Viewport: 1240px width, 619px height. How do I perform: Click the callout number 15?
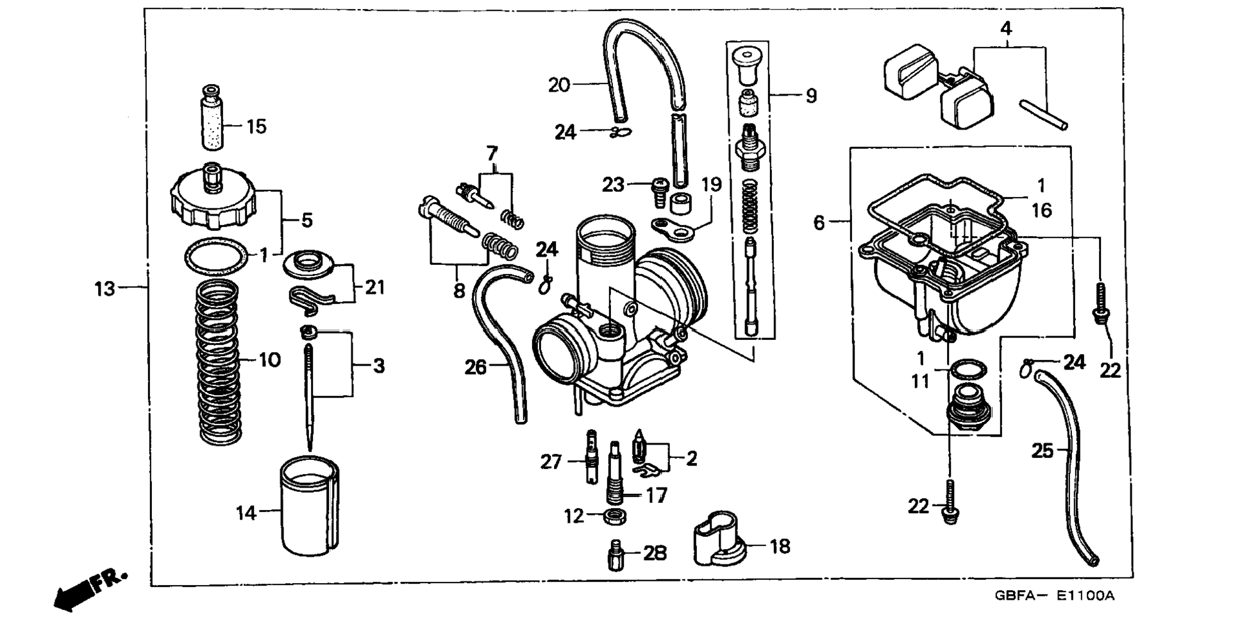pyautogui.click(x=256, y=126)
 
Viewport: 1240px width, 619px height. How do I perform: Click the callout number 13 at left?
pyautogui.click(x=105, y=289)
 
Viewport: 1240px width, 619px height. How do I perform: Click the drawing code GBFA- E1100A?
pyautogui.click(x=1054, y=595)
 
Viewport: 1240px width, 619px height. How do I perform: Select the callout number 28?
pyautogui.click(x=655, y=553)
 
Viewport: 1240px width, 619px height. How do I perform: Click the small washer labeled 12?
pyautogui.click(x=615, y=516)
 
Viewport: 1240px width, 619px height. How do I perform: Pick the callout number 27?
pyautogui.click(x=551, y=461)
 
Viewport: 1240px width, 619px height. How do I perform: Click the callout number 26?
pyautogui.click(x=475, y=368)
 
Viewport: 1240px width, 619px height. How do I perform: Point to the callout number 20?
pyautogui.click(x=559, y=85)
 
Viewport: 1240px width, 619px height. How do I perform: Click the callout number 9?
pyautogui.click(x=811, y=96)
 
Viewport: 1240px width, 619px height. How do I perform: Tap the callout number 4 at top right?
pyautogui.click(x=1006, y=28)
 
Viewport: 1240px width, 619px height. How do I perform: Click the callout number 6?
pyautogui.click(x=819, y=223)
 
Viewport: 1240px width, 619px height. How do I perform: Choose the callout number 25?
pyautogui.click(x=1042, y=451)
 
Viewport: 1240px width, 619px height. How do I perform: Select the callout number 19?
pyautogui.click(x=711, y=185)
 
